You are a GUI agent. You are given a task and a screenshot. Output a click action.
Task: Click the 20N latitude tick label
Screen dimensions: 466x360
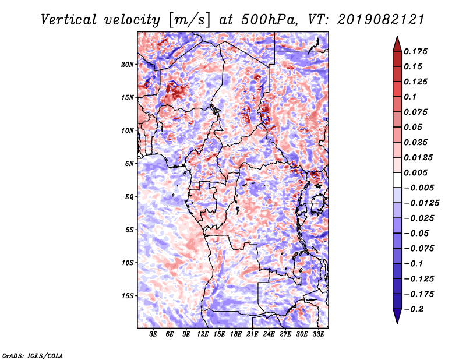tap(127, 64)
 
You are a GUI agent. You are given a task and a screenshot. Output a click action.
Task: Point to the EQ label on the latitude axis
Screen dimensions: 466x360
tap(129, 197)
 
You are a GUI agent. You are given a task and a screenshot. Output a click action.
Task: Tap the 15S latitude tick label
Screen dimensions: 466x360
tap(127, 296)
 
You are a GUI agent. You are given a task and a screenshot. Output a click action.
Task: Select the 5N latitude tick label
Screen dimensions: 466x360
tap(129, 164)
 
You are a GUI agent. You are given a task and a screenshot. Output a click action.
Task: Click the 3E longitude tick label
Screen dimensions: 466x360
tap(153, 334)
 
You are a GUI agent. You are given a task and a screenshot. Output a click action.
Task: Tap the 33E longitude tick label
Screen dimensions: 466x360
tap(318, 334)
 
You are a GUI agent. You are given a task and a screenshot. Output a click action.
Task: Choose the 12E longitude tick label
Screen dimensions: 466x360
tap(202, 334)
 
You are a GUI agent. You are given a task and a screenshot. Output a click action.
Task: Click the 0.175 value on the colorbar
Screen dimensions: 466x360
tap(415, 51)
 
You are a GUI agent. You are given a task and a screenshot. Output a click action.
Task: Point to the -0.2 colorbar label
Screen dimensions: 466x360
tap(414, 309)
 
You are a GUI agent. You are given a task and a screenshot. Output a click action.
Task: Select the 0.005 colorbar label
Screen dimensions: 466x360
tap(415, 172)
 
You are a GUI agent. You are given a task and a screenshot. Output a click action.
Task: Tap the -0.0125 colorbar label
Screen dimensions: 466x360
tap(421, 203)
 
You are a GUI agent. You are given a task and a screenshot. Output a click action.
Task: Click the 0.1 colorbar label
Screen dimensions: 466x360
tap(410, 97)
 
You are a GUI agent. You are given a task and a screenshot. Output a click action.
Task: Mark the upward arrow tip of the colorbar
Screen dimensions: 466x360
tap(397, 36)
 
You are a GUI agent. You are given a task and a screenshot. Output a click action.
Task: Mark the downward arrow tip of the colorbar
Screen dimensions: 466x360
tap(397, 323)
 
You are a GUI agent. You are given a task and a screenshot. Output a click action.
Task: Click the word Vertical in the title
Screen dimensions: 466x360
tap(69, 20)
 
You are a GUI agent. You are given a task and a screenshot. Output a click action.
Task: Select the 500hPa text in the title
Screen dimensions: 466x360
tap(269, 20)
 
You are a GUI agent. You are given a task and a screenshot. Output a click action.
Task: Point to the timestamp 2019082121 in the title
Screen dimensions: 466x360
tap(381, 20)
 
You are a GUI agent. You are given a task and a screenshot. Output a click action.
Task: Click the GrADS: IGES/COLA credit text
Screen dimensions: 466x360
tap(33, 355)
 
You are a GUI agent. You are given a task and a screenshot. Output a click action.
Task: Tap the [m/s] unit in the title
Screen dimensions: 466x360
tap(189, 20)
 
